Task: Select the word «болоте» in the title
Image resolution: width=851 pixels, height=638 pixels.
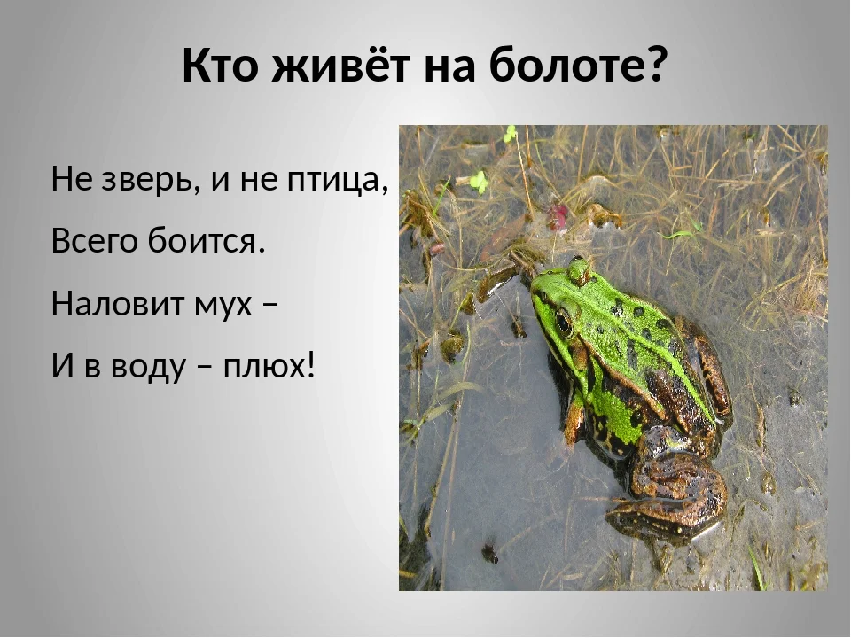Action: tap(567, 66)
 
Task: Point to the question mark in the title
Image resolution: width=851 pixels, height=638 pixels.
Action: tap(654, 66)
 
